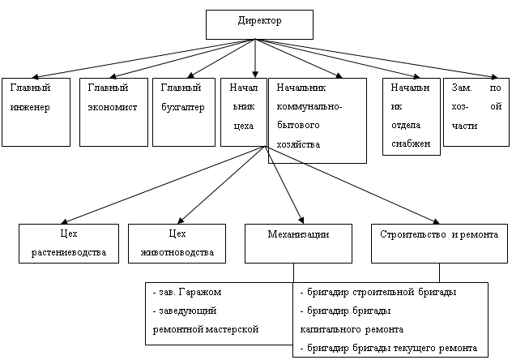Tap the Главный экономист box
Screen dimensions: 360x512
pyautogui.click(x=113, y=111)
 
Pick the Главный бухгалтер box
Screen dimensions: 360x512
pyautogui.click(x=183, y=111)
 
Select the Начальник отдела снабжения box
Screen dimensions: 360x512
pyautogui.click(x=411, y=116)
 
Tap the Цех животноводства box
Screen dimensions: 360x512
pyautogui.click(x=177, y=243)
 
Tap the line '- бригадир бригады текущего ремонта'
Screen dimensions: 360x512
pyautogui.click(x=389, y=348)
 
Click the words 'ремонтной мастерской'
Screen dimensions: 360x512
pyautogui.click(x=205, y=329)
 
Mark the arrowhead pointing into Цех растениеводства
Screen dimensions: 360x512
pyautogui.click(x=66, y=220)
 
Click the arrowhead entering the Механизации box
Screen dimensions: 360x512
pyautogui.click(x=301, y=220)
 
